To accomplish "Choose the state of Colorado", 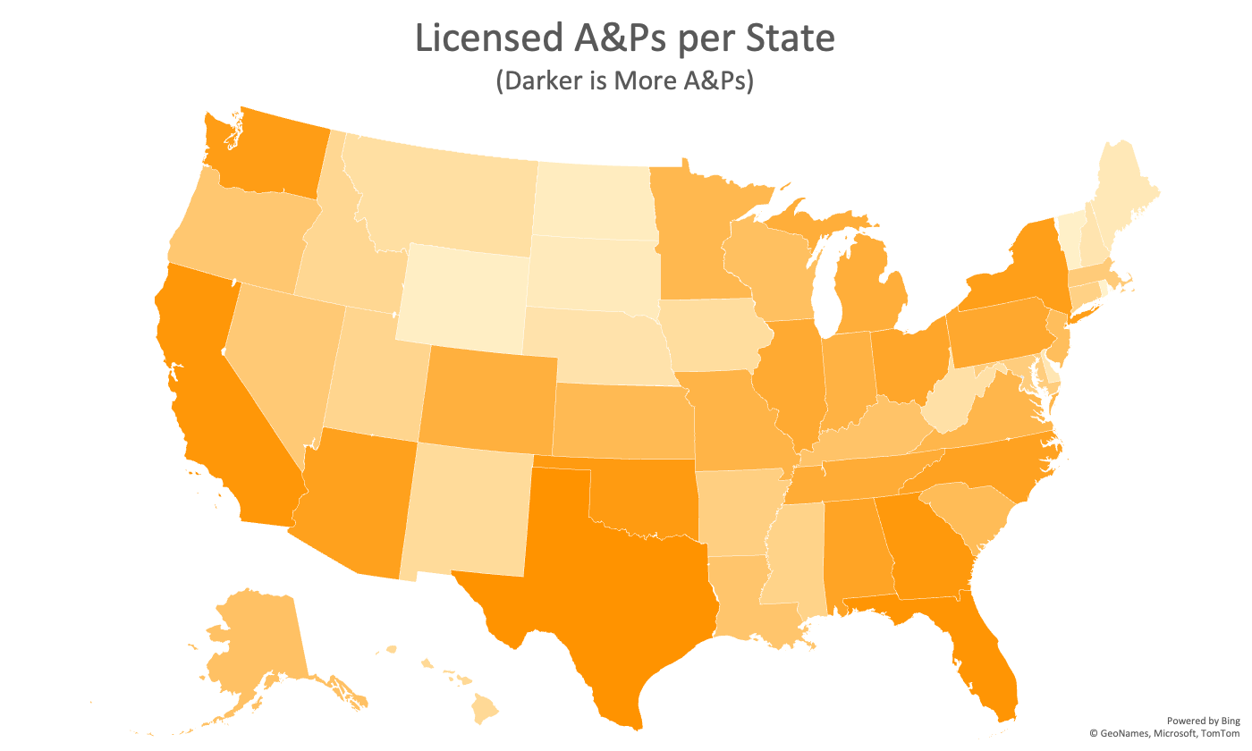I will click(x=487, y=398).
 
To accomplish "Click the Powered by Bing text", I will click(x=1204, y=721).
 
